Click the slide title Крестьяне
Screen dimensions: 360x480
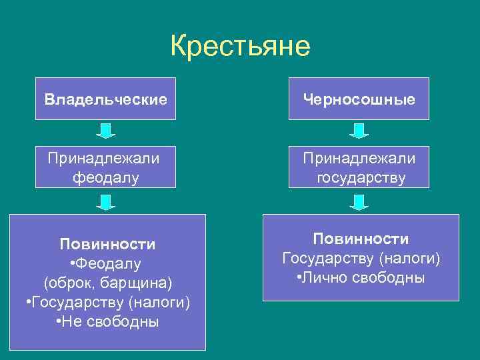(x=240, y=47)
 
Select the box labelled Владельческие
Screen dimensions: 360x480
(x=105, y=99)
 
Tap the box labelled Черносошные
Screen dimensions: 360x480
(x=359, y=99)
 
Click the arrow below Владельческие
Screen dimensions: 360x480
(x=105, y=131)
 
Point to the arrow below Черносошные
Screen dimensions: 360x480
(x=359, y=131)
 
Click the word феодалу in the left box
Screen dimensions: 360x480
(x=107, y=178)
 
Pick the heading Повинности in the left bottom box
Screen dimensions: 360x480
(x=107, y=244)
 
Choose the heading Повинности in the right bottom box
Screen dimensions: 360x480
(x=361, y=239)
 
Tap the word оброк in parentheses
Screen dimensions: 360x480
(x=71, y=283)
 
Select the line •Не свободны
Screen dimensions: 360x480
(x=107, y=323)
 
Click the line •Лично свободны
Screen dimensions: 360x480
(x=361, y=277)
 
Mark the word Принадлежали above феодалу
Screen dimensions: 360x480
(x=103, y=158)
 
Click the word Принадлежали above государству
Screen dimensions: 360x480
(x=359, y=158)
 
